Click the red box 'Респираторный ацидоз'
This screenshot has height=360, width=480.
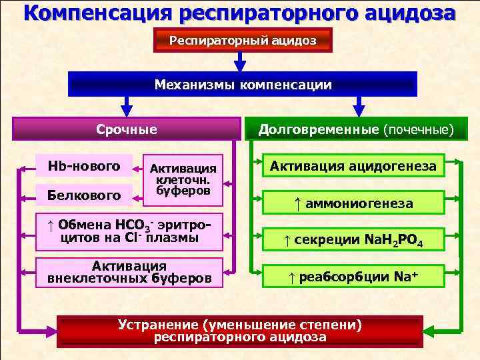coord(242,41)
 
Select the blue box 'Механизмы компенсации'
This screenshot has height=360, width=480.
coord(243,85)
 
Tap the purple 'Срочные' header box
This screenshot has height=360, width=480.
coord(127,129)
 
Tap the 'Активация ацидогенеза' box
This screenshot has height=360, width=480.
coord(353,166)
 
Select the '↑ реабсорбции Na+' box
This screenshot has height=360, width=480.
coord(353,275)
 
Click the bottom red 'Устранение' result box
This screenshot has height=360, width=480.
coord(240,331)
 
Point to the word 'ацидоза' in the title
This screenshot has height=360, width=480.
coord(407,13)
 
